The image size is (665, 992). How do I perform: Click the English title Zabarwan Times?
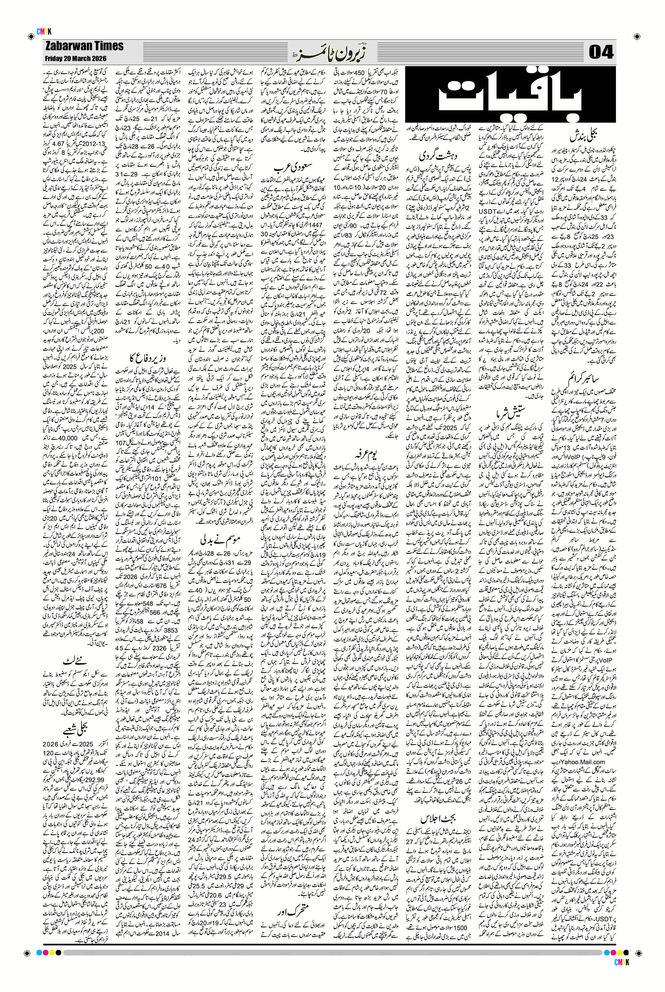point(84,46)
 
